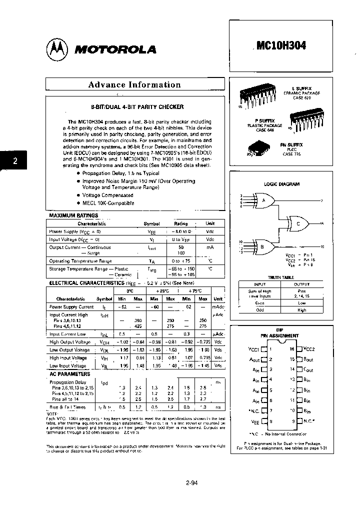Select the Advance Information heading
134,84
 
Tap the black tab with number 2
15,161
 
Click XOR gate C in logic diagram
298,224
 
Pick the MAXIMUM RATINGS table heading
73,215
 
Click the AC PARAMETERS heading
69,374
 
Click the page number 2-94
192,483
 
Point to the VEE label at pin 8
254,421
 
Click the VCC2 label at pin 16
309,349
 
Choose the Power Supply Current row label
71,306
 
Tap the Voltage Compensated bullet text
107,195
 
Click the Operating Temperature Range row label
80,260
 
